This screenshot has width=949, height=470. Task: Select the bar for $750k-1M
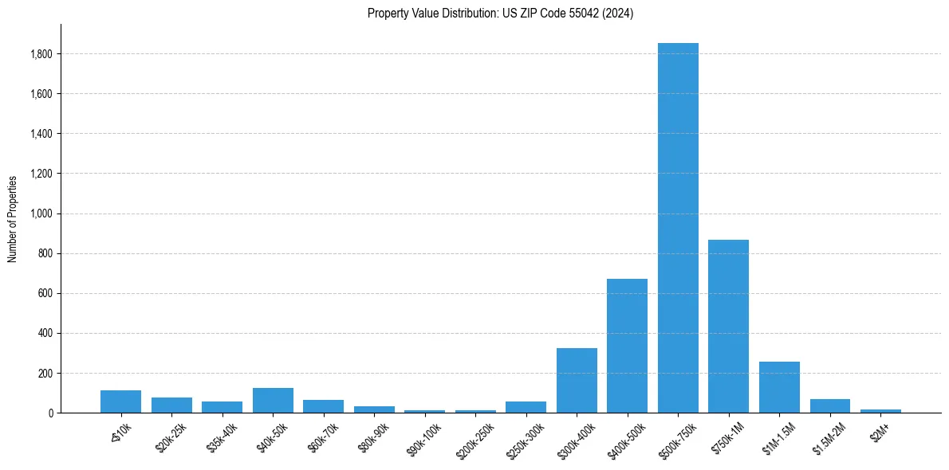pyautogui.click(x=728, y=327)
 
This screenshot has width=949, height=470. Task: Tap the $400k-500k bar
pyautogui.click(x=627, y=346)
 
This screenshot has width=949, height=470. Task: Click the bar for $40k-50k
pyautogui.click(x=273, y=401)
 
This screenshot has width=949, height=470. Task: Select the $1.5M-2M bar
pyautogui.click(x=829, y=406)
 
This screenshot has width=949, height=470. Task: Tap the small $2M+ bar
pyautogui.click(x=880, y=411)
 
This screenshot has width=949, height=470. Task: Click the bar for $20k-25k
pyautogui.click(x=171, y=405)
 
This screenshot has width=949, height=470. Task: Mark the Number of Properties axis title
pyautogui.click(x=13, y=218)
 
